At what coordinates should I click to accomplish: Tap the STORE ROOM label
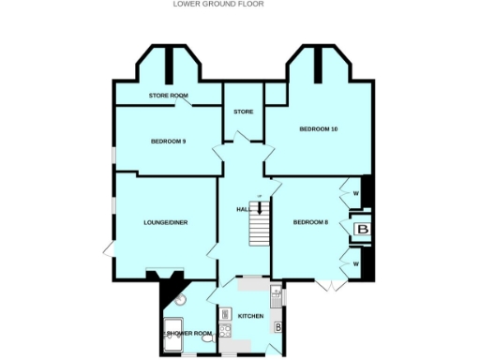coord(168,96)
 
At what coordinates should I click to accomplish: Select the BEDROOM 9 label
coord(168,142)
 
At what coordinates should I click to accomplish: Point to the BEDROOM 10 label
coord(318,128)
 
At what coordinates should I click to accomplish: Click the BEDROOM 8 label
coord(310,222)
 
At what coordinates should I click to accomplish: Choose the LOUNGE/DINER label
coord(165,223)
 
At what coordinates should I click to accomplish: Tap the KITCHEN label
coord(250,316)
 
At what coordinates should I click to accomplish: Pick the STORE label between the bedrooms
coord(243,112)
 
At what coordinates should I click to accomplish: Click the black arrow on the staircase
coord(260,210)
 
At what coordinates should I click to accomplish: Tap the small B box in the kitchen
coord(278,328)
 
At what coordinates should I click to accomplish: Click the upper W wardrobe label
coord(356,194)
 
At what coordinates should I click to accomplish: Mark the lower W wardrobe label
coord(356,264)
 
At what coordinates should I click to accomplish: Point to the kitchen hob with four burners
coord(226,330)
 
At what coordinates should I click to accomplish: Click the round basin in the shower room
coord(181,300)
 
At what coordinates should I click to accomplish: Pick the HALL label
coord(242,210)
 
